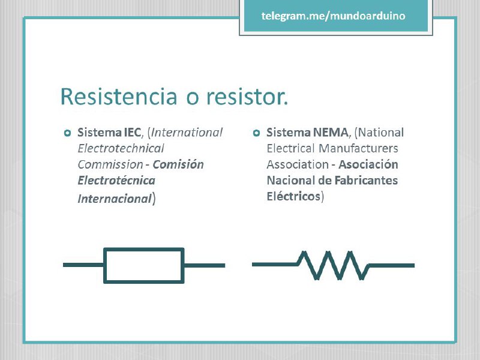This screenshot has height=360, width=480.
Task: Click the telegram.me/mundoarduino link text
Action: click(x=334, y=16)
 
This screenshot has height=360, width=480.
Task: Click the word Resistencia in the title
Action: click(x=119, y=97)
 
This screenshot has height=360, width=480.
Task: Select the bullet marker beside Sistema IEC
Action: click(x=67, y=133)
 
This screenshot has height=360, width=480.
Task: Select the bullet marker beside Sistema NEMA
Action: click(x=257, y=133)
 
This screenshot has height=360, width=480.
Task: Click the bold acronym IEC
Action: click(x=133, y=132)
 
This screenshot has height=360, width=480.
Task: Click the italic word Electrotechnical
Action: click(x=121, y=148)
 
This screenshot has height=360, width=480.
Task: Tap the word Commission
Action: click(x=110, y=164)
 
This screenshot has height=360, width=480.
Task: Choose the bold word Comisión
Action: click(x=178, y=164)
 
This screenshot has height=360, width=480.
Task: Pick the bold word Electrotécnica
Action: click(x=116, y=181)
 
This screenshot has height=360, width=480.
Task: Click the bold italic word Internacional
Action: click(x=115, y=199)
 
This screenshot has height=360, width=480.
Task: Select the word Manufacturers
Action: click(x=358, y=148)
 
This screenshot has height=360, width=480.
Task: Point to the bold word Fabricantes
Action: click(x=366, y=181)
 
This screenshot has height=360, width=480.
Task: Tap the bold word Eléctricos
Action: click(x=293, y=196)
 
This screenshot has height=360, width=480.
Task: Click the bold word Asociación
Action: click(x=368, y=164)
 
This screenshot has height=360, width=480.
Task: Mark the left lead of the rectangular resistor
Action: click(x=83, y=265)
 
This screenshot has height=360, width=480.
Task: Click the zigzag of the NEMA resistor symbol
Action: click(x=334, y=265)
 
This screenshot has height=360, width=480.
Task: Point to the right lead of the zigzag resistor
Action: click(x=392, y=265)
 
